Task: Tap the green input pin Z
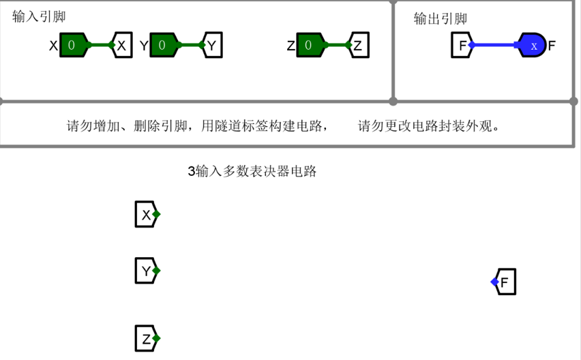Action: pyautogui.click(x=310, y=46)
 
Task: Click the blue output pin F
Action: pyautogui.click(x=533, y=46)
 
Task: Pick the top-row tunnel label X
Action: pyautogui.click(x=122, y=46)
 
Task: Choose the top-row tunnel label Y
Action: pyautogui.click(x=212, y=46)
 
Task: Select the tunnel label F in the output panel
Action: pyautogui.click(x=462, y=46)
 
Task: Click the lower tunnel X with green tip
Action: pyautogui.click(x=146, y=215)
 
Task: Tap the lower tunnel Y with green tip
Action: pyautogui.click(x=146, y=271)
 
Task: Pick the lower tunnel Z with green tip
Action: pyautogui.click(x=146, y=338)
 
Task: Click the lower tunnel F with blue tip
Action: pyautogui.click(x=505, y=282)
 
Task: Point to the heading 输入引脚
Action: pyautogui.click(x=39, y=17)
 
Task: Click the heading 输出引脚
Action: pyautogui.click(x=440, y=19)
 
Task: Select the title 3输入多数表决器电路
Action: pyautogui.click(x=252, y=171)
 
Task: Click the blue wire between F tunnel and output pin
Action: pyautogui.click(x=494, y=46)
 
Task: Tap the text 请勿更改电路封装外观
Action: pyautogui.click(x=430, y=126)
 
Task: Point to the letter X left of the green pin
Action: pyautogui.click(x=53, y=46)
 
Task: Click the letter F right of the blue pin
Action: pyautogui.click(x=552, y=46)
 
